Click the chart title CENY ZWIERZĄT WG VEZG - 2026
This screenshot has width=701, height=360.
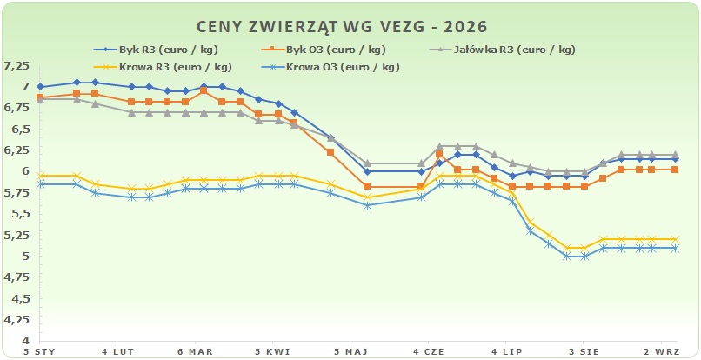[342, 27]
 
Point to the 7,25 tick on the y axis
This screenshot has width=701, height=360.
[17, 66]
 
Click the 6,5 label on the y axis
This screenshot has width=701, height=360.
[19, 129]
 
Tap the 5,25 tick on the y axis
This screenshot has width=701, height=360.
[17, 236]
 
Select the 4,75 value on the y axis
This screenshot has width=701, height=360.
[17, 277]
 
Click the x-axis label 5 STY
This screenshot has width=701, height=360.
[40, 351]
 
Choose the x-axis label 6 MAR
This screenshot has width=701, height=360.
[195, 351]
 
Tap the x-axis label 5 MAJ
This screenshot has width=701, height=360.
[350, 351]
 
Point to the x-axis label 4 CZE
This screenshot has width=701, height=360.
[428, 351]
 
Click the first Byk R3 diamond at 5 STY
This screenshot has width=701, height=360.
[40, 87]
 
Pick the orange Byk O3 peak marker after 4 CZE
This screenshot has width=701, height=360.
[439, 154]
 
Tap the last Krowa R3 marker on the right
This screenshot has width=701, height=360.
[675, 239]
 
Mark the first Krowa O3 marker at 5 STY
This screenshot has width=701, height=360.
[40, 184]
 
